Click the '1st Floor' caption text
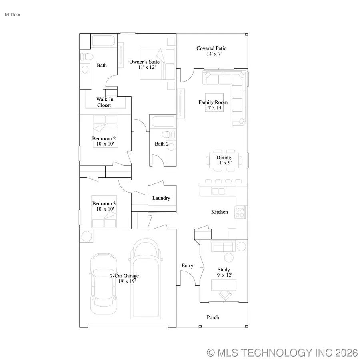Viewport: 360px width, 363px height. coord(12,14)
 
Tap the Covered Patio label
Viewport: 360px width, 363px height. coord(211,48)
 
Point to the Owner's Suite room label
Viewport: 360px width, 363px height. coord(144,62)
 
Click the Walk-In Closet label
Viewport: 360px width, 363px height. coord(104,102)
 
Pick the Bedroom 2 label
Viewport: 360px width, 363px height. coord(104,139)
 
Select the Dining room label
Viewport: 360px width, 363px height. coord(224,158)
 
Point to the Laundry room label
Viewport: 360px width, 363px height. coord(161,198)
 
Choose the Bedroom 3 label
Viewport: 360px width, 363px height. coord(104,203)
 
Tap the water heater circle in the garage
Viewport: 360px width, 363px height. coord(87,236)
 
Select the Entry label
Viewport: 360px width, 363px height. coord(187,266)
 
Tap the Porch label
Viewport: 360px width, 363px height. coord(213,317)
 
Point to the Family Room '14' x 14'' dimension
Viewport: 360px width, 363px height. coord(213,108)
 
